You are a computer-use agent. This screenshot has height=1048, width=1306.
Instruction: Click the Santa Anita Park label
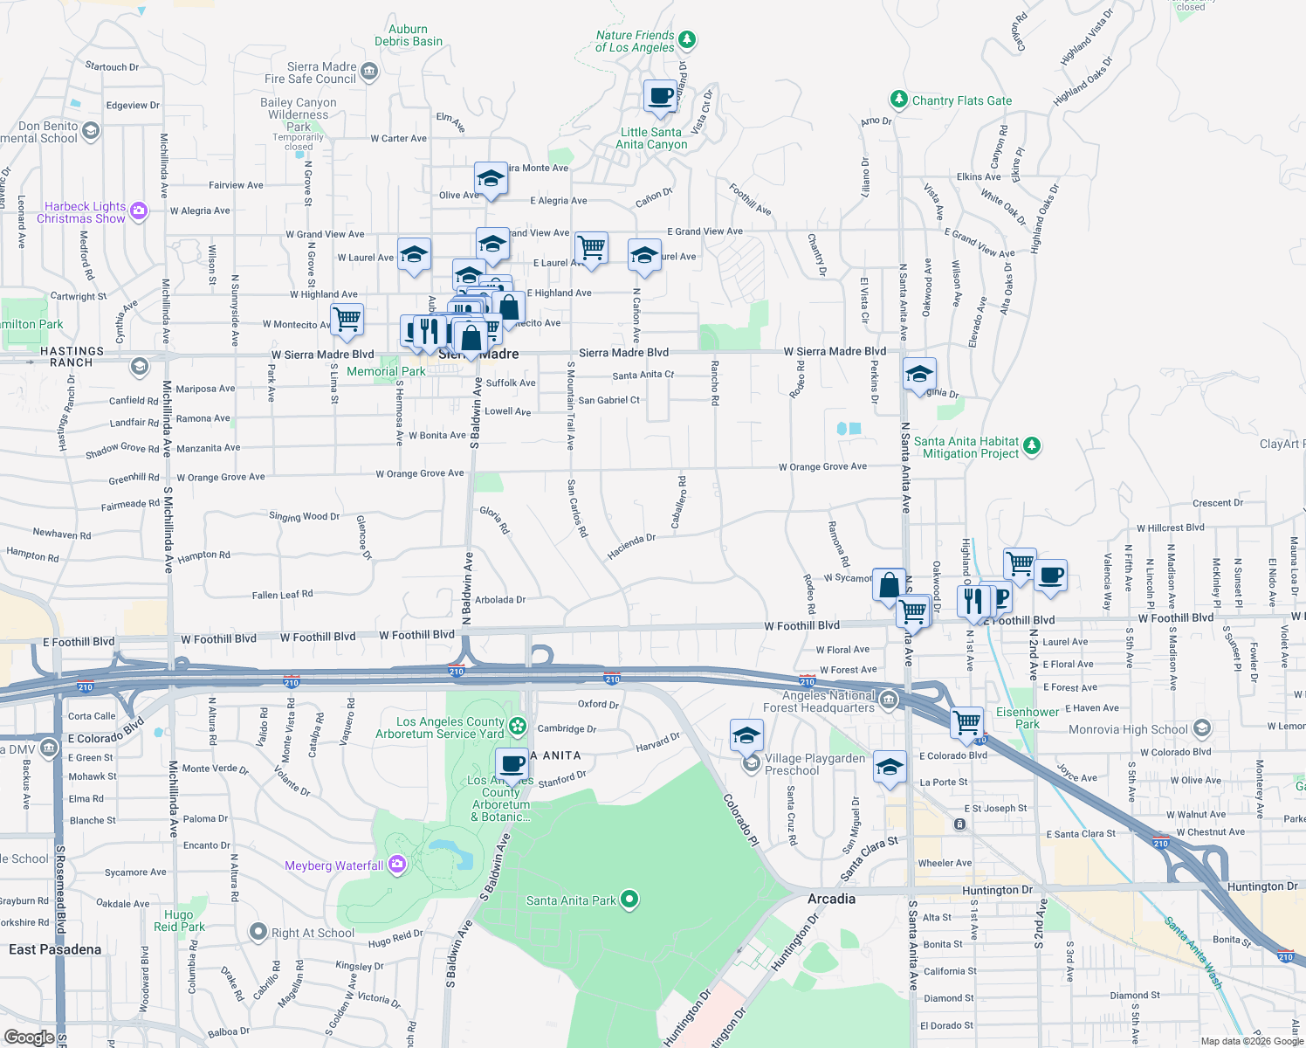click(x=571, y=900)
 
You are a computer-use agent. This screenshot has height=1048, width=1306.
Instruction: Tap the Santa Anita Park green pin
click(x=629, y=900)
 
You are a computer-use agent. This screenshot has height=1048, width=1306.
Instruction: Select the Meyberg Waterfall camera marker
click(x=397, y=865)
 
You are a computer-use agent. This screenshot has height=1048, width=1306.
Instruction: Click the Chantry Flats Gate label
click(x=961, y=100)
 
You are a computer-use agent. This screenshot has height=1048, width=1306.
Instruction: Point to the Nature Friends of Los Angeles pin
click(x=687, y=39)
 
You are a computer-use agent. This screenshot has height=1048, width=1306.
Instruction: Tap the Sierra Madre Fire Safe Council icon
click(x=369, y=72)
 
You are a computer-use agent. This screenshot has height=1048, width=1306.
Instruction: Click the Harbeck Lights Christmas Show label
click(x=81, y=213)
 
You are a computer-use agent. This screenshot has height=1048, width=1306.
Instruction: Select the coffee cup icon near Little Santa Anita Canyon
click(x=661, y=96)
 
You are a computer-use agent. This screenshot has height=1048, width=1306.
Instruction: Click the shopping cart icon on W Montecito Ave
click(x=347, y=319)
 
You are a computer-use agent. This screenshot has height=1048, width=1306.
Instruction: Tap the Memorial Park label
click(x=386, y=371)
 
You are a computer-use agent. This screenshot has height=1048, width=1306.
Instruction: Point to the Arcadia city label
click(x=831, y=899)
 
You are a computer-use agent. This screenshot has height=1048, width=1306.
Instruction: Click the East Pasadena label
click(x=55, y=949)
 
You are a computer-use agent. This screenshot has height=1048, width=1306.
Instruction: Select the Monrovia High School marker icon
click(x=1202, y=728)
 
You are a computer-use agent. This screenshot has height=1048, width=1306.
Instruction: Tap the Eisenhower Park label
click(x=1028, y=718)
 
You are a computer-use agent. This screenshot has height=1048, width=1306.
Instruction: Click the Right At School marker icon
click(x=258, y=932)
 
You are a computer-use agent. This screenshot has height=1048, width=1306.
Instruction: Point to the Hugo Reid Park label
click(x=179, y=920)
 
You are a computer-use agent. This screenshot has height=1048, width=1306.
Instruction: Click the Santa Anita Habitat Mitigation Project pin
click(x=1032, y=446)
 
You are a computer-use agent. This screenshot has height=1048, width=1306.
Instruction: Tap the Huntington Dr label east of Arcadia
click(x=997, y=890)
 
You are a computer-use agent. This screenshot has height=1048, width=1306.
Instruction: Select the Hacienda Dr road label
click(x=631, y=547)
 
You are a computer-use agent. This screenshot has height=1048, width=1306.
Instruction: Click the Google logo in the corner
click(x=30, y=1038)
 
